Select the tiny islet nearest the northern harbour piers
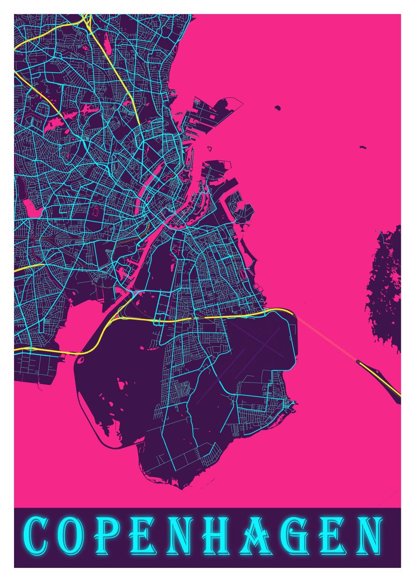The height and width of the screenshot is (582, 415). (277, 107)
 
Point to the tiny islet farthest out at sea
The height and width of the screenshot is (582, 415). (362, 146)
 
